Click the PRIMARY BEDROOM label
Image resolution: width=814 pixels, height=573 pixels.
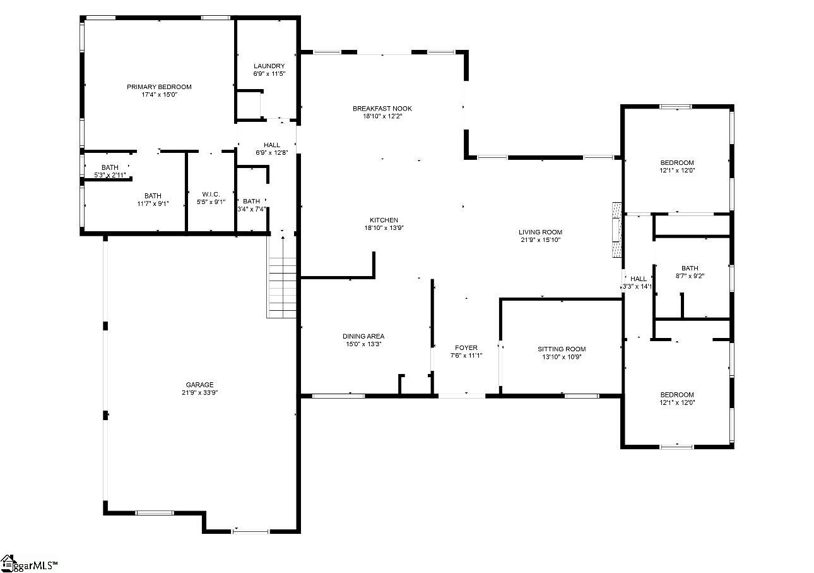click(159, 87)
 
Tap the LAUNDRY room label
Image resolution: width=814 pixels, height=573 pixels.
click(269, 66)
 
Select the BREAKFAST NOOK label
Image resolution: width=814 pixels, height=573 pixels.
click(382, 109)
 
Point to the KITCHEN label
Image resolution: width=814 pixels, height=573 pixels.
click(384, 220)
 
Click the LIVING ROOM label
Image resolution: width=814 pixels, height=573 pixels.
click(540, 232)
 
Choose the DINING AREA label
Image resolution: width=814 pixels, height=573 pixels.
click(363, 336)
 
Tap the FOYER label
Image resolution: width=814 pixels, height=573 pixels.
click(466, 348)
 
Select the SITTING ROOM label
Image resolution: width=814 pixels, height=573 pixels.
click(562, 349)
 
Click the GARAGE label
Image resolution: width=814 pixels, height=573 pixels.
click(199, 385)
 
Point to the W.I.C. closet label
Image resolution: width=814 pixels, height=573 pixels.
click(211, 195)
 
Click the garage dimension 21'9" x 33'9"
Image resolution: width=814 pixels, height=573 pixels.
click(199, 392)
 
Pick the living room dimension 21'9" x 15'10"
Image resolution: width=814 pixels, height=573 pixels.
click(540, 240)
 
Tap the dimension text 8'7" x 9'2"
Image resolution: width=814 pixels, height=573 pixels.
click(690, 276)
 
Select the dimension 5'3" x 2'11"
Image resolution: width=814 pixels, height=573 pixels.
click(110, 175)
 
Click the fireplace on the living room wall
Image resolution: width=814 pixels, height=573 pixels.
click(616, 230)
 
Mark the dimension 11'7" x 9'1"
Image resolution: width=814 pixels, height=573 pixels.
click(153, 203)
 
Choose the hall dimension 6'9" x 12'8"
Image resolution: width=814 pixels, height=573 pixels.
click(271, 153)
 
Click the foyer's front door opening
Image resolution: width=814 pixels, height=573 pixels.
click(462, 396)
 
